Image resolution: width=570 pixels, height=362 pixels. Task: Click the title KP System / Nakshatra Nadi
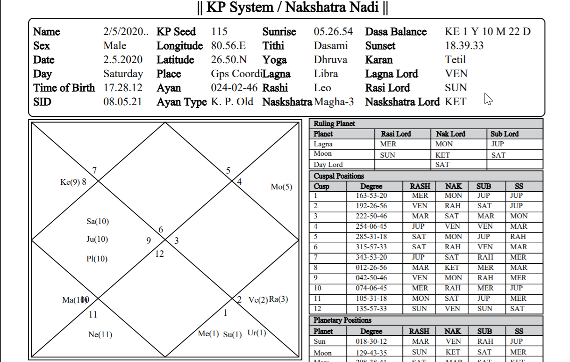292,8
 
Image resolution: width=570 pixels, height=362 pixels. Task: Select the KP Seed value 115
219,32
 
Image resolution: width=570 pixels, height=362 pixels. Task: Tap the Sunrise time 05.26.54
333,32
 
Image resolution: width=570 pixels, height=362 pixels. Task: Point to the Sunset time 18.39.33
464,46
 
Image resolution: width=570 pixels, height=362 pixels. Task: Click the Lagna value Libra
326,74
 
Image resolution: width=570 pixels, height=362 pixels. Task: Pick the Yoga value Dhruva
330,60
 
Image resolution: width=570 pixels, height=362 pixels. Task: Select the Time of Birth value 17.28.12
122,88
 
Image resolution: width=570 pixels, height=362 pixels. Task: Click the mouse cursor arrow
488,99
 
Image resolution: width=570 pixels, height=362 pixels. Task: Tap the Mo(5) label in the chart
281,187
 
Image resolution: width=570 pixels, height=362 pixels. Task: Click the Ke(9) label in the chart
71,182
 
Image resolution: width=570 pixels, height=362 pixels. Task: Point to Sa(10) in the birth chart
98,221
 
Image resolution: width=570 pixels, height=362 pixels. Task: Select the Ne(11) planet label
100,334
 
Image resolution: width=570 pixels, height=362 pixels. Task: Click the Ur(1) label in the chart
256,333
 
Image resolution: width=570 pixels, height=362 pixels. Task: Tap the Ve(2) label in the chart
258,300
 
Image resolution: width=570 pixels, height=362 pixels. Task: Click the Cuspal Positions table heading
339,176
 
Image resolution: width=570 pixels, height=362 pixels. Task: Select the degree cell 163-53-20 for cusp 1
371,195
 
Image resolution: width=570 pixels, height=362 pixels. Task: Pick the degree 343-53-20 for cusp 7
371,257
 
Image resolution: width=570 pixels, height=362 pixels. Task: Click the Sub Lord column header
505,134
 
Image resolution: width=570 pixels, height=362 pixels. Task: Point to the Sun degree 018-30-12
371,342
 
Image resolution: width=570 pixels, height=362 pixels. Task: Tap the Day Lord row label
328,165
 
